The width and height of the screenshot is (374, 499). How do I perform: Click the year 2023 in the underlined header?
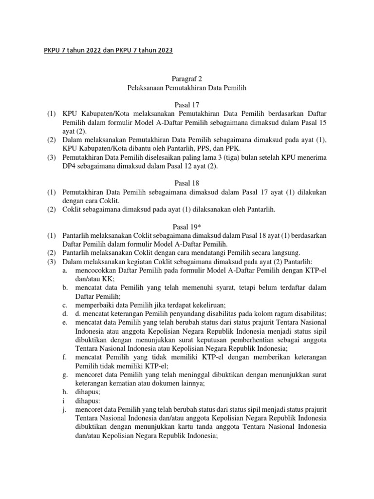click(164, 51)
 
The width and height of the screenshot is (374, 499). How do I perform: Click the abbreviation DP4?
click(69, 166)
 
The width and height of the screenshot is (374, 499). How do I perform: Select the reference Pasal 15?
click(309, 122)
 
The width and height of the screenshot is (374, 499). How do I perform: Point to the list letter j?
click(64, 410)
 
